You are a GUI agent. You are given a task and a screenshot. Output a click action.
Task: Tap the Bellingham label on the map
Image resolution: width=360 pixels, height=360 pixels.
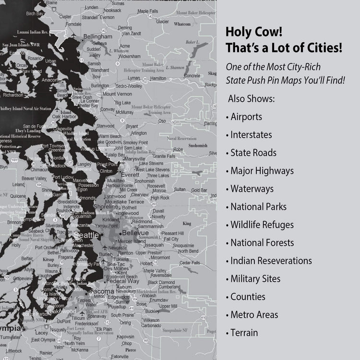(x=97, y=36)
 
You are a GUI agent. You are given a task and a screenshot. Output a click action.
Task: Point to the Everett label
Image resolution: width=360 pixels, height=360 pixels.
(x=130, y=176)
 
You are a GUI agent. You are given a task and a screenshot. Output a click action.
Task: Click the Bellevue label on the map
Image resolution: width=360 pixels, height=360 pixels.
(x=135, y=233)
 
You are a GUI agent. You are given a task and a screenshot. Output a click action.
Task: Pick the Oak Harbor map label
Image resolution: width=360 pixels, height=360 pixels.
(x=64, y=117)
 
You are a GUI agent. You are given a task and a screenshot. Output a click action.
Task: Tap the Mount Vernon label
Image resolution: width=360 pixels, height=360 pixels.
(x=117, y=94)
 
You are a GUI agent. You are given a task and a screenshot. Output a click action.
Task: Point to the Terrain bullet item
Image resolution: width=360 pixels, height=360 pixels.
(x=244, y=333)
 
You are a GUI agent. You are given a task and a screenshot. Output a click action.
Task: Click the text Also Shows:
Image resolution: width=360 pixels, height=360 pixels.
(x=252, y=99)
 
